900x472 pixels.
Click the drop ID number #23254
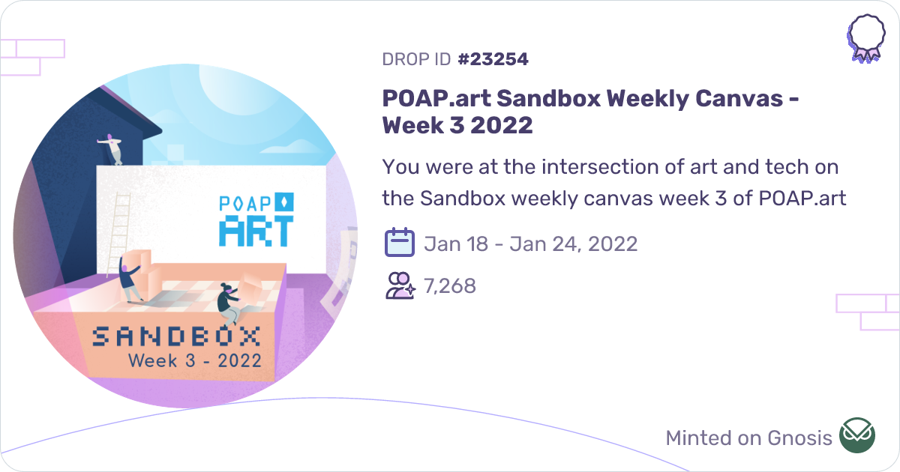pyautogui.click(x=492, y=59)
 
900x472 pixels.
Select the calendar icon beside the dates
pyautogui.click(x=400, y=243)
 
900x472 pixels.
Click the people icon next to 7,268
pyautogui.click(x=400, y=285)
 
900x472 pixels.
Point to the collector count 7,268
pyautogui.click(x=450, y=285)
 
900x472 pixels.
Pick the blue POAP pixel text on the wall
pyautogui.click(x=247, y=203)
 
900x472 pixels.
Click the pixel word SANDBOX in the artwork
pyautogui.click(x=176, y=336)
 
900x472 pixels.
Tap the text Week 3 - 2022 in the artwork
pyautogui.click(x=195, y=360)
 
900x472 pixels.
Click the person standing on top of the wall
pyautogui.click(x=112, y=148)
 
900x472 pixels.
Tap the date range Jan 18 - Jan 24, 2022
pyautogui.click(x=530, y=243)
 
